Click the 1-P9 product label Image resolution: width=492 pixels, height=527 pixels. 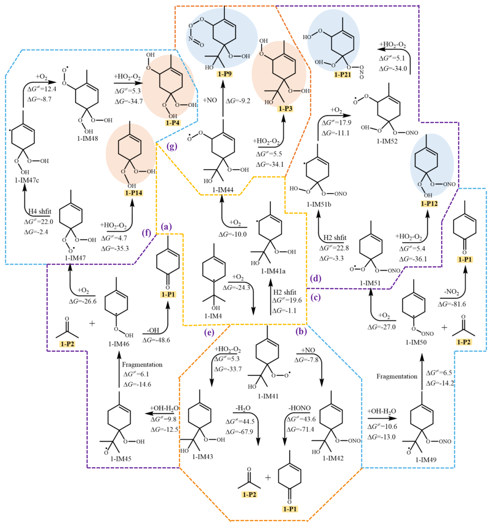pos(224,74)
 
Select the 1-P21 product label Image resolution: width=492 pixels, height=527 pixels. pos(342,75)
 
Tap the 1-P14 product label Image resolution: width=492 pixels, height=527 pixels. pos(134,193)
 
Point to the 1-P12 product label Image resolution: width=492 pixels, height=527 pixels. pos(429,204)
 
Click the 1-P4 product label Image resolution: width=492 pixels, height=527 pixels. pos(172,123)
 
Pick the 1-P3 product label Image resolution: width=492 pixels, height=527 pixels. pos(285,109)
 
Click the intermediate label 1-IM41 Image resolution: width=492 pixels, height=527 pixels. pos(268,396)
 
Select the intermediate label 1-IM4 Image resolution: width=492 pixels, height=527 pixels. pos(213,316)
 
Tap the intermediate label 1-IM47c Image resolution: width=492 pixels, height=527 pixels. pos(27,180)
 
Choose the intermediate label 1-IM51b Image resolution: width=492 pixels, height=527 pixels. pos(319,204)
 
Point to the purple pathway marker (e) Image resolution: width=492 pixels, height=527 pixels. pos(209,332)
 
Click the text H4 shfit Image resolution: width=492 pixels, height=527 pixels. pos(40,211)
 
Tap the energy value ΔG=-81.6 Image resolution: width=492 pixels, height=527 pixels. pos(452,304)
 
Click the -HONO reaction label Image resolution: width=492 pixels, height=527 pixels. pos(299,408)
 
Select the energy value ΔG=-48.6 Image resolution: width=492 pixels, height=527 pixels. pos(156,340)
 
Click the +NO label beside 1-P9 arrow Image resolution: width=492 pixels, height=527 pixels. pos(210,100)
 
